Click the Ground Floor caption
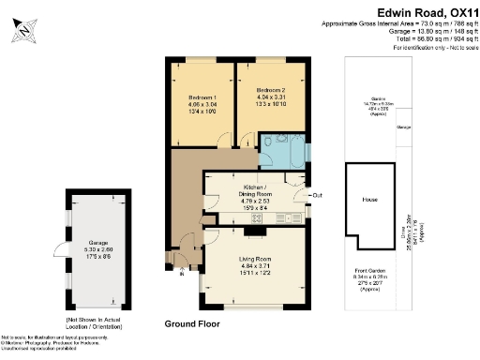pos(191,322)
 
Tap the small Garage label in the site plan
pos(404,126)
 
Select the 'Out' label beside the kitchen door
pos(317,195)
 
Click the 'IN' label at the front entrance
pos(181,276)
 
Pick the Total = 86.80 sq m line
pos(410,38)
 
